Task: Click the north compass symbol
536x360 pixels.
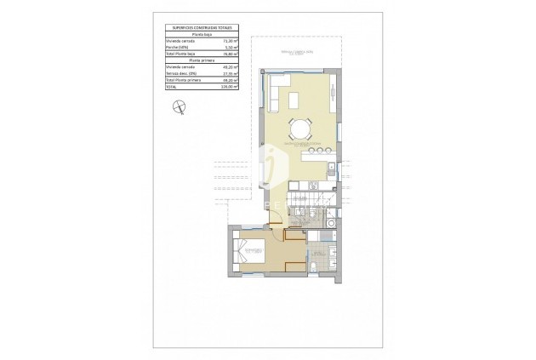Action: click(x=177, y=106)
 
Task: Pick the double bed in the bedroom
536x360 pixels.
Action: click(x=249, y=253)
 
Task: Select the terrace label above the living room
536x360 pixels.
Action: click(x=298, y=54)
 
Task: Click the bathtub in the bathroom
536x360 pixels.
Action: click(x=322, y=253)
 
